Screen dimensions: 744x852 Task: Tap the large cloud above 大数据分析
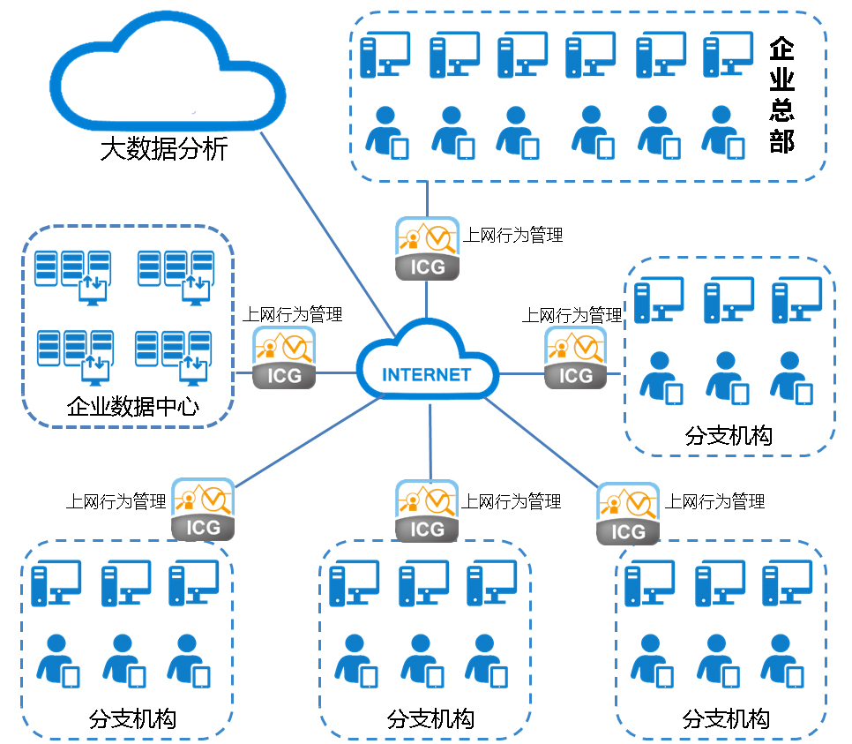click(x=167, y=75)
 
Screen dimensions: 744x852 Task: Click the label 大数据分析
click(x=164, y=148)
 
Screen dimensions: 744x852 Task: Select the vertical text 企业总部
click(x=781, y=94)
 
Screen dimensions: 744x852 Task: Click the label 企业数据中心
click(x=132, y=407)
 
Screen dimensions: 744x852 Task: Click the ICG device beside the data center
click(x=284, y=358)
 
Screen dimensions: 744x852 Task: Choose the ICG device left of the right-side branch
click(x=576, y=358)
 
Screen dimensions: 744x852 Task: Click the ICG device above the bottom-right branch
click(x=627, y=514)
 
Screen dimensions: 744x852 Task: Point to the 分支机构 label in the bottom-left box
click(x=132, y=718)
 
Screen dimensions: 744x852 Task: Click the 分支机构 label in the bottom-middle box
click(x=430, y=718)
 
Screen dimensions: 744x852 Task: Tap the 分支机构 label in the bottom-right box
click(x=725, y=718)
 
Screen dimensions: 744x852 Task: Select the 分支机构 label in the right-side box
click(x=728, y=435)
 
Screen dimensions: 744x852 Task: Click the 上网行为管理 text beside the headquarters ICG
click(x=512, y=235)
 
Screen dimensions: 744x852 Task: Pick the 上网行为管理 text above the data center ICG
click(x=292, y=313)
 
